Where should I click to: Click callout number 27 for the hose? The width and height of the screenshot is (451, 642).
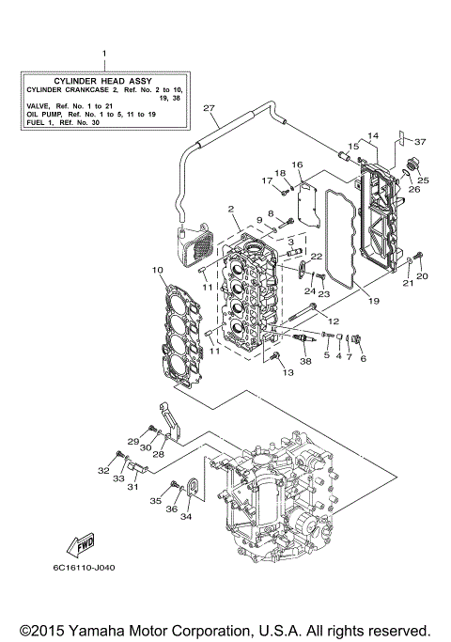(x=209, y=107)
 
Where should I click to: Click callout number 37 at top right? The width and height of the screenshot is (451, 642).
(x=420, y=142)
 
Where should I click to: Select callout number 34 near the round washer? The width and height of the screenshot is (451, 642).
(x=185, y=516)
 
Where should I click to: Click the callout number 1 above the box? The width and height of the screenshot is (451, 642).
(x=103, y=54)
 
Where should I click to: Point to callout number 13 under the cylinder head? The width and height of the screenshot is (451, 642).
(x=288, y=373)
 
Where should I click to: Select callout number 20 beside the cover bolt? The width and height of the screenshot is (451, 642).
(x=422, y=276)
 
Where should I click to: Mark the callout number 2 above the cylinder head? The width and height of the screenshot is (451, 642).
(x=229, y=209)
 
